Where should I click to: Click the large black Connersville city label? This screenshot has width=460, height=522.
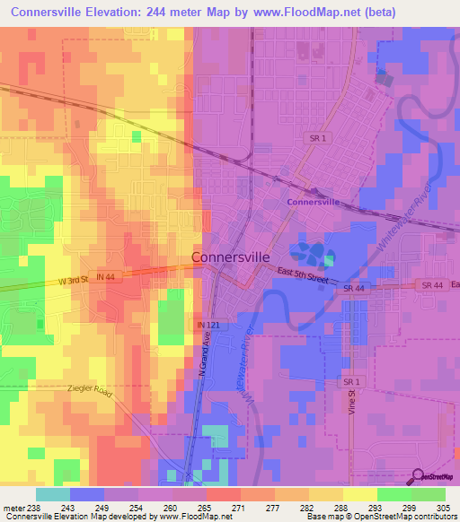[231, 257]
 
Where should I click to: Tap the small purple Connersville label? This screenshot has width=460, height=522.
[313, 202]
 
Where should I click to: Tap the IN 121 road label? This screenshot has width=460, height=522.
[208, 325]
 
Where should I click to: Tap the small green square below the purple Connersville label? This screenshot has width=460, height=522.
[329, 260]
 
